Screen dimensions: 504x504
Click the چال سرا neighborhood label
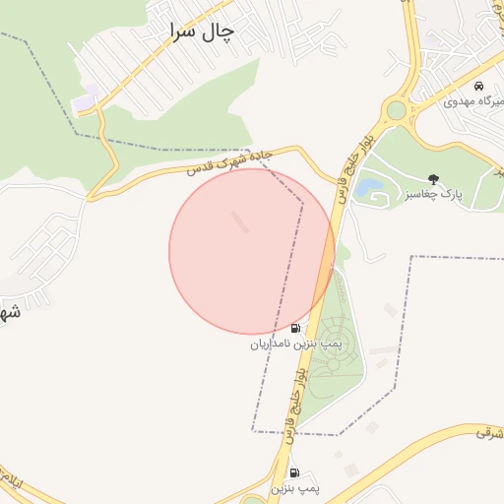point(203,31)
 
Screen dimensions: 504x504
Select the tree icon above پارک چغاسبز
point(434,178)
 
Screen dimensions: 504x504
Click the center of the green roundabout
point(397,110)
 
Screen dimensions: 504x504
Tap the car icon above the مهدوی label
point(478,86)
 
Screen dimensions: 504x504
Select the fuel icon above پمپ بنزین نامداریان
point(295,328)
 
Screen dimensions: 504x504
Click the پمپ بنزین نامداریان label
point(294,345)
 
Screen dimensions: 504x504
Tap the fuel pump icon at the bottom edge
point(294,473)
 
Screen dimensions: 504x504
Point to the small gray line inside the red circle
point(240,221)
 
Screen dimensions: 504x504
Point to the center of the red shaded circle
point(252,251)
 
